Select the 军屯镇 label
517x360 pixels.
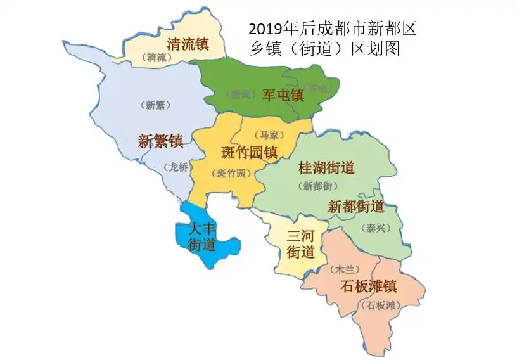283,96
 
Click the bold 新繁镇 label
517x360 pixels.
160,141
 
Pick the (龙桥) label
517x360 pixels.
179,167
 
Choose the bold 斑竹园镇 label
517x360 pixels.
249,152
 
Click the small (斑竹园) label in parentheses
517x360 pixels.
231,173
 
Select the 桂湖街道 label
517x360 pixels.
326,168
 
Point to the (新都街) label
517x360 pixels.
317,186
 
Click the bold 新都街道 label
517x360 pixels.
356,207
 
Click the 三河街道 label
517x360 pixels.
301,244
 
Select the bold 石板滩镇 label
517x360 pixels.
369,286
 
